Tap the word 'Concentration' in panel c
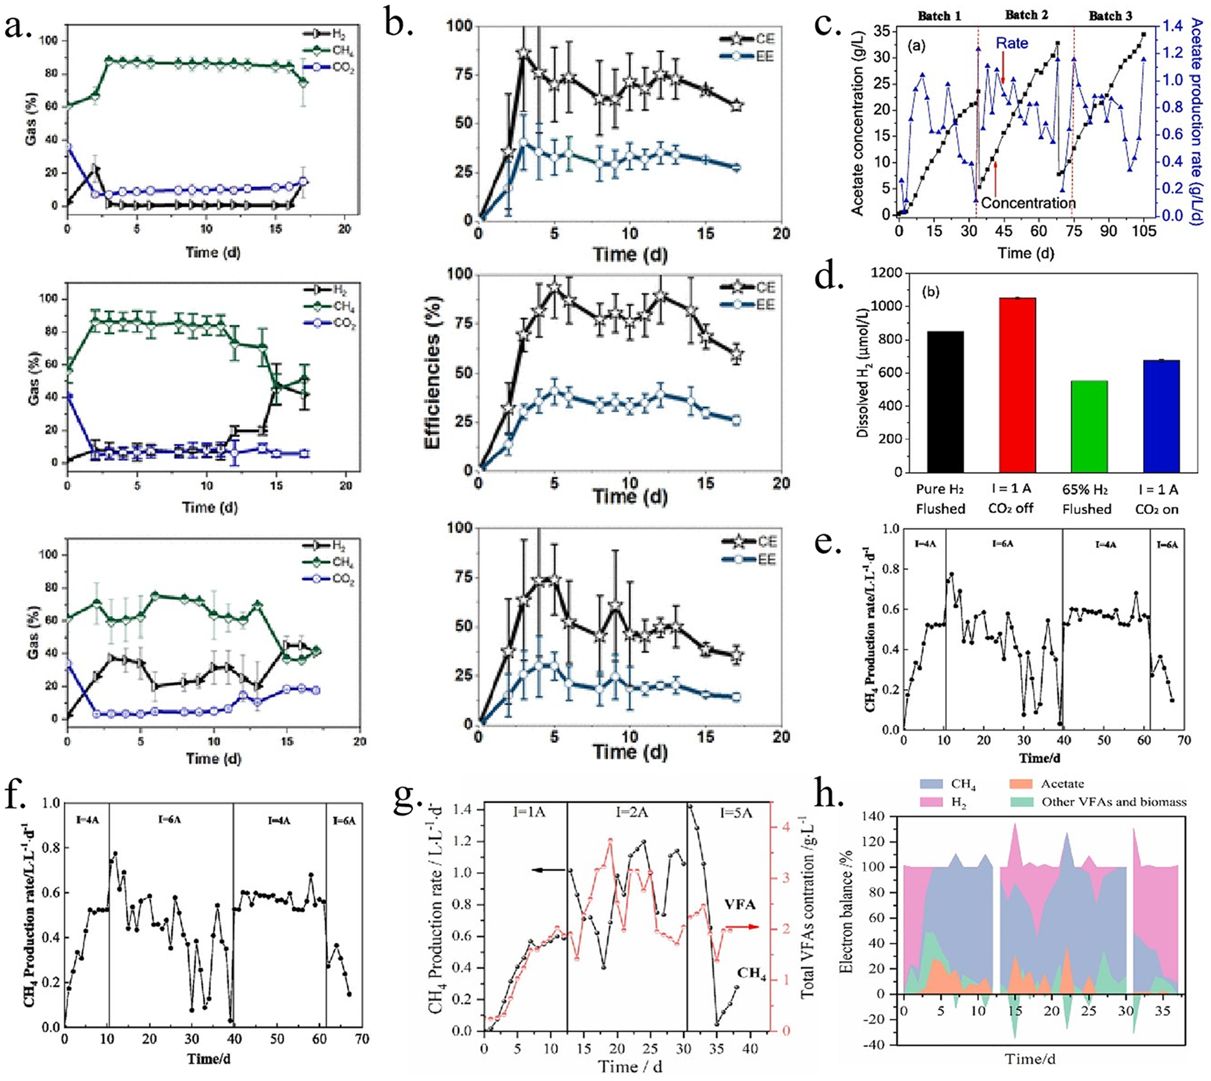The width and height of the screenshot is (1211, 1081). point(1028,203)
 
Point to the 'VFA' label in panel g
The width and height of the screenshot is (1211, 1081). point(740,904)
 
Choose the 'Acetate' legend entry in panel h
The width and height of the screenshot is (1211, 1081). point(1063,784)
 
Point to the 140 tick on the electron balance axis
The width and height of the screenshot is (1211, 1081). point(884,817)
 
